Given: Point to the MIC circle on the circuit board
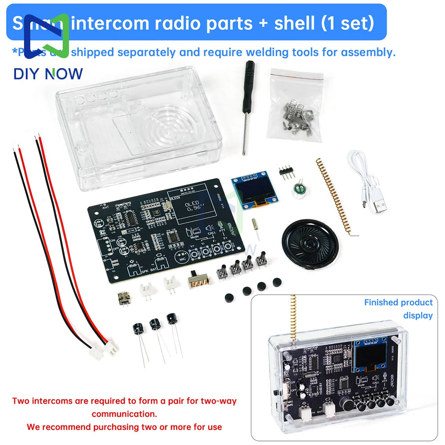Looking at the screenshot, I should [182, 258].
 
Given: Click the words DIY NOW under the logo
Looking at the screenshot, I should [48, 73].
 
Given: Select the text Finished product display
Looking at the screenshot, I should [398, 309].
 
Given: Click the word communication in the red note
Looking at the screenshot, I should [124, 414].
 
